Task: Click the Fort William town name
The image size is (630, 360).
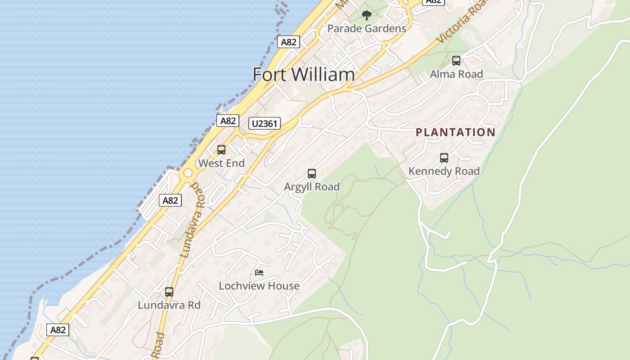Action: point(304,74)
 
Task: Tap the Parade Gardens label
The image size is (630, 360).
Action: point(366,28)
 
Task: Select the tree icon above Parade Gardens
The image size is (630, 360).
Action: point(367,15)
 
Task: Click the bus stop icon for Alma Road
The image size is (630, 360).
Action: point(456,61)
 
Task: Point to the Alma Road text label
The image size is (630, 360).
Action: point(456,74)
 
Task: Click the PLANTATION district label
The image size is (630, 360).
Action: point(455,132)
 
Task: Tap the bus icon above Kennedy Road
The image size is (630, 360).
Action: point(444,158)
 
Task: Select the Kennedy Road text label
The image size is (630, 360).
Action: point(444,171)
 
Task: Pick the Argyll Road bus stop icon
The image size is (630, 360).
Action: point(311,174)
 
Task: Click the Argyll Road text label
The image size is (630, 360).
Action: point(311,187)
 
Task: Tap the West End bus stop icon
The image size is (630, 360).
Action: point(221,150)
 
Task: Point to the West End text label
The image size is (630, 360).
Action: point(221,163)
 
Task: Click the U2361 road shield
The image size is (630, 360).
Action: point(265,123)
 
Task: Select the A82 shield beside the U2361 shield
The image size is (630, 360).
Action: point(228,121)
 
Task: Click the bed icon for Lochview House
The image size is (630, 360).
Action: point(259,273)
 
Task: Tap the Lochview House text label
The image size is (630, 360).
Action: point(259,286)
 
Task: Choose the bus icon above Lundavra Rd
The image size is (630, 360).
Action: point(169,292)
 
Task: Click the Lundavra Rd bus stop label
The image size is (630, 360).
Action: point(169,305)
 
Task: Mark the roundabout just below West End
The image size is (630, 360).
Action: point(188,173)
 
